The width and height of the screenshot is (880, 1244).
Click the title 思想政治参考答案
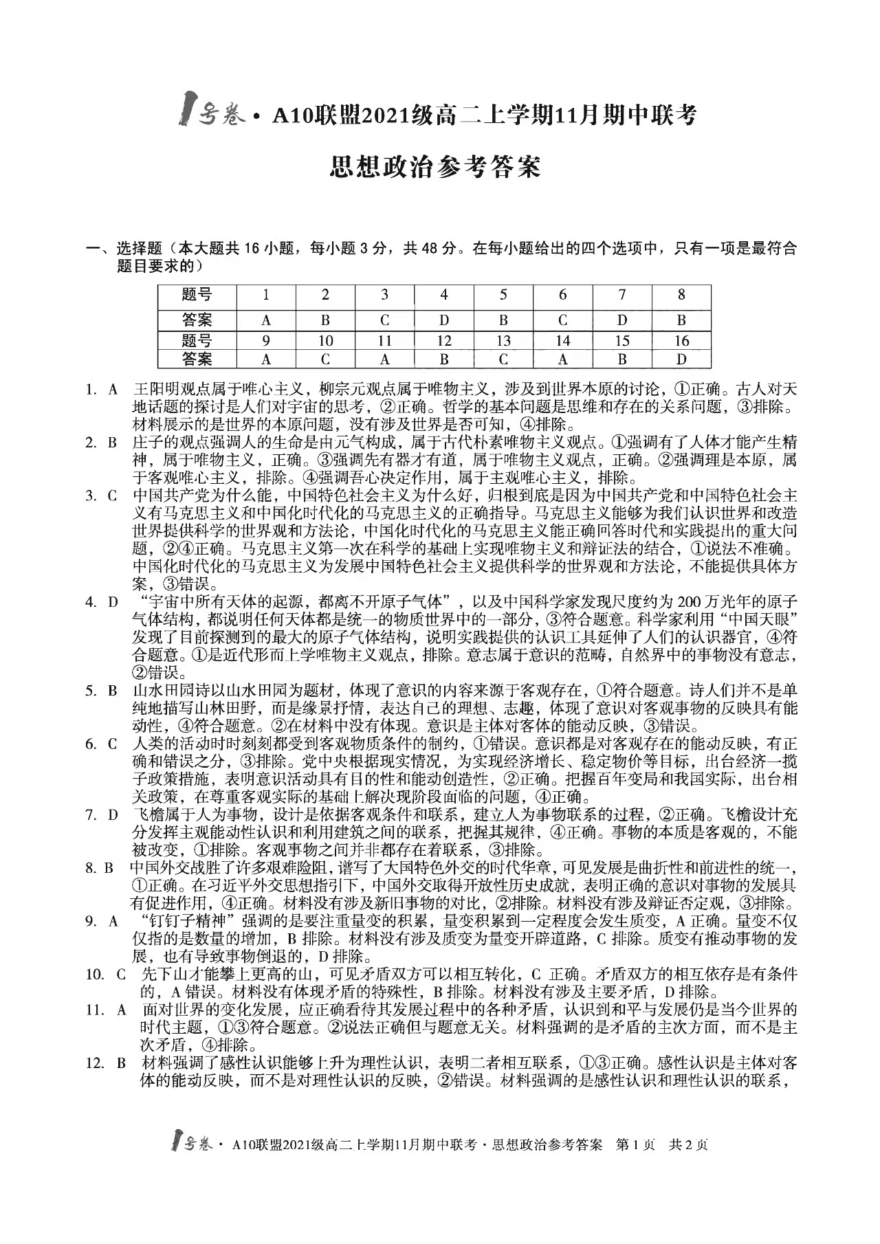pos(436,167)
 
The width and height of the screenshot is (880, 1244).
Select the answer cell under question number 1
pos(266,320)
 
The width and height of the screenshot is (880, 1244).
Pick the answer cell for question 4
pos(444,320)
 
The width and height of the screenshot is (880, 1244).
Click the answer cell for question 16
pos(681,359)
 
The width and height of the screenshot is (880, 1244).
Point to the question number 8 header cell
pos(681,295)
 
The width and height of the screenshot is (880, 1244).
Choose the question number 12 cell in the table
pos(444,341)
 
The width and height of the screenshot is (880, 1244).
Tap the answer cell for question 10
pos(325,359)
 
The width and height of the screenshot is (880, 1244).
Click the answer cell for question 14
pos(562,359)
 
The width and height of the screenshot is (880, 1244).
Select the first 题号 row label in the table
pos(197,295)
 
